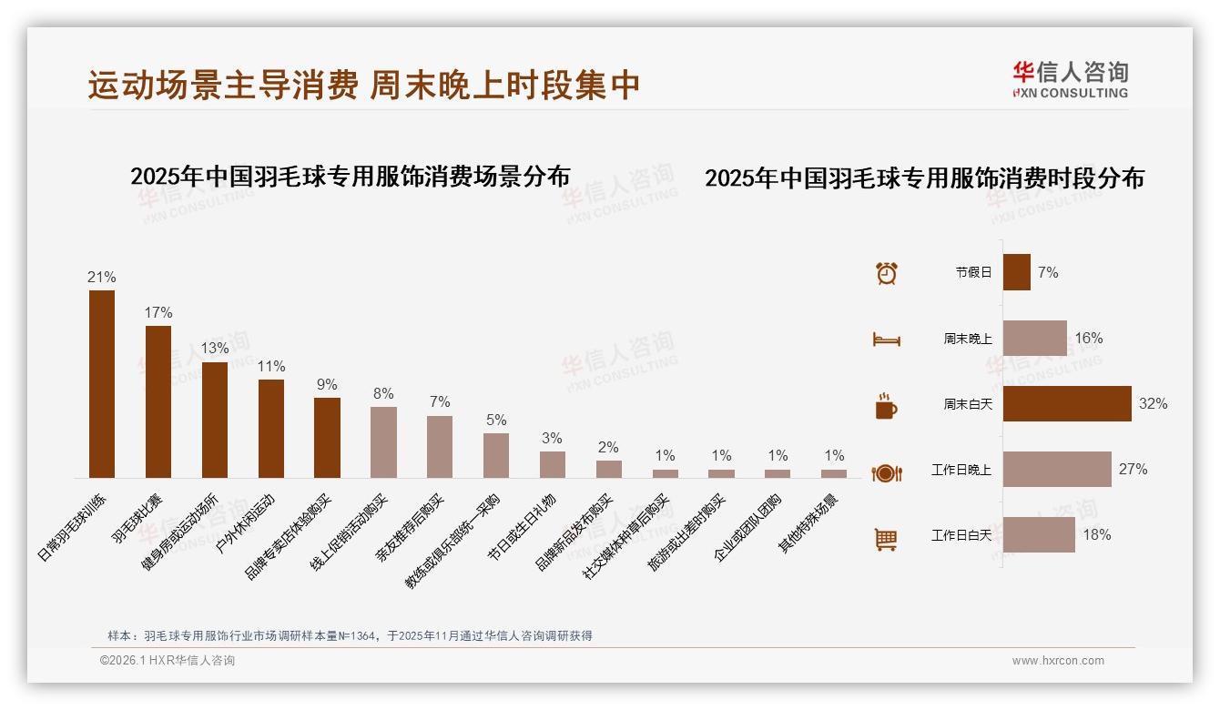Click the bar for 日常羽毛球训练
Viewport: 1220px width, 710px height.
101,384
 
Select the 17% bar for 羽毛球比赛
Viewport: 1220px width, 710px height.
158,401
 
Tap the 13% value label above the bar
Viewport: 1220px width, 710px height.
215,348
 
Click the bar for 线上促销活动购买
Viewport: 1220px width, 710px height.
383,442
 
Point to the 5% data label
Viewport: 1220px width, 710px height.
495,420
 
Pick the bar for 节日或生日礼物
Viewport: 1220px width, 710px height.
552,464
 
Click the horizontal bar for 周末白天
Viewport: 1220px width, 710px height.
1067,403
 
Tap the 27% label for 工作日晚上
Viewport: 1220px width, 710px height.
1133,469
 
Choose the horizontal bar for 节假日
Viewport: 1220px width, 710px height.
1016,272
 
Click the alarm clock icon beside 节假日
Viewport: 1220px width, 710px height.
886,272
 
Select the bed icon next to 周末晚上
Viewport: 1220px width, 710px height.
886,339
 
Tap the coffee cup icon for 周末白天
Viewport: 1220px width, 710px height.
886,405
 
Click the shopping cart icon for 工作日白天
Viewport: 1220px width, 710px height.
886,539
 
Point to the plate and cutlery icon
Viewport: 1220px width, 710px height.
886,472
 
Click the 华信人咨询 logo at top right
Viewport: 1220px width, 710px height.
1070,79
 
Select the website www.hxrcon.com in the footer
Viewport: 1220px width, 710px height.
1057,661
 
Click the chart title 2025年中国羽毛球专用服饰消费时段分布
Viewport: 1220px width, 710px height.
924,177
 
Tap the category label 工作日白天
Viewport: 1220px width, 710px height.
961,535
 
